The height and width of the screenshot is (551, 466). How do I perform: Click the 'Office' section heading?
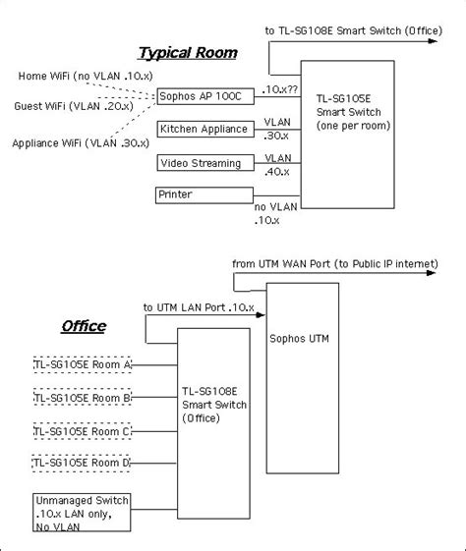pyautogui.click(x=84, y=326)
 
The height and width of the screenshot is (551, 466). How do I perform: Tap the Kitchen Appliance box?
pyautogui.click(x=204, y=129)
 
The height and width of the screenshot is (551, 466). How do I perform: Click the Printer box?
pyautogui.click(x=201, y=194)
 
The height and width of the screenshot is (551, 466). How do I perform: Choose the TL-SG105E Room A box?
pyautogui.click(x=83, y=365)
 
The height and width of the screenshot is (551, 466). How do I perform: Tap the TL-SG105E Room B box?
pyautogui.click(x=83, y=398)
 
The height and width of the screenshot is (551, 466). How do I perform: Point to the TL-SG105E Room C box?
pyautogui.click(x=83, y=430)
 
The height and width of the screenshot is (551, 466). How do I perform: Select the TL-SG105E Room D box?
pyautogui.click(x=83, y=462)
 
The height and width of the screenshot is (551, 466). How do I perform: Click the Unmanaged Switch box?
pyautogui.click(x=82, y=512)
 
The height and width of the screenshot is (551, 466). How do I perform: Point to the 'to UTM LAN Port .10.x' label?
pyautogui.click(x=199, y=307)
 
